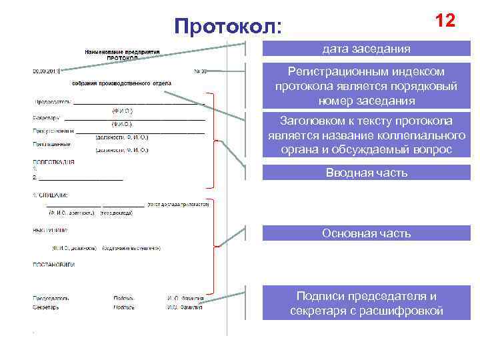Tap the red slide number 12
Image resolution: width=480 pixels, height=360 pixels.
pos(445,21)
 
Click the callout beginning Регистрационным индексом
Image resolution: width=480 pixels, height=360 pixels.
pos(366,86)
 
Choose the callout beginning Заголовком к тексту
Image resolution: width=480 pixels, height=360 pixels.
pos(366,135)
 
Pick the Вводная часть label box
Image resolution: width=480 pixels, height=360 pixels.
pos(366,173)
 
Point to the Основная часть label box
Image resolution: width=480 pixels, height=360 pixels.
pos(366,233)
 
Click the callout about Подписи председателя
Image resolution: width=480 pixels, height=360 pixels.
pos(366,303)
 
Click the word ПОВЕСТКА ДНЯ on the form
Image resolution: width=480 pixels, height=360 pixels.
pos(53,162)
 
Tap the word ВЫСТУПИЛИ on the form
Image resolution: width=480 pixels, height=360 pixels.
pos(50,231)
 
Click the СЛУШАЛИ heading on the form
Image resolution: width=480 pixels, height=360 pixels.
pos(51,195)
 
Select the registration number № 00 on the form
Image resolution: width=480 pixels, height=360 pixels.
pos(200,70)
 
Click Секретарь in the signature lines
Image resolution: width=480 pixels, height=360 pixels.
pos(46,308)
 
